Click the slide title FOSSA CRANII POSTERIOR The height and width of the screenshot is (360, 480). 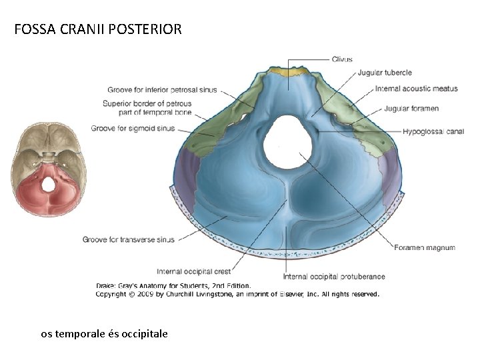click(97, 30)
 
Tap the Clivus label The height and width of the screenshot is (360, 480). click(342, 59)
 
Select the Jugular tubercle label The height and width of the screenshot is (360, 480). click(385, 73)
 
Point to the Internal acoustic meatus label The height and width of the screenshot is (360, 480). click(416, 89)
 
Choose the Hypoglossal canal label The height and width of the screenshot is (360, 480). click(433, 132)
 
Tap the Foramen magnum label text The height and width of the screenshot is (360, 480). click(425, 247)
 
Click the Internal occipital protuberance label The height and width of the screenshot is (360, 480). click(334, 277)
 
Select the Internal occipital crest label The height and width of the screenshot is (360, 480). click(194, 271)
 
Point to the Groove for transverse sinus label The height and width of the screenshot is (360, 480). click(129, 239)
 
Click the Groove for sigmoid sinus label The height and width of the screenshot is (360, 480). click(133, 128)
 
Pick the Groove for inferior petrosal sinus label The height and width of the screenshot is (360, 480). click(162, 90)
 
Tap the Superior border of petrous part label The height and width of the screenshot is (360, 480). click(147, 108)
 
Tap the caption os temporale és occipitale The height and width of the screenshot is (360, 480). click(105, 333)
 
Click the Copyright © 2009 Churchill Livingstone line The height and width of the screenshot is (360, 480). click(237, 294)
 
